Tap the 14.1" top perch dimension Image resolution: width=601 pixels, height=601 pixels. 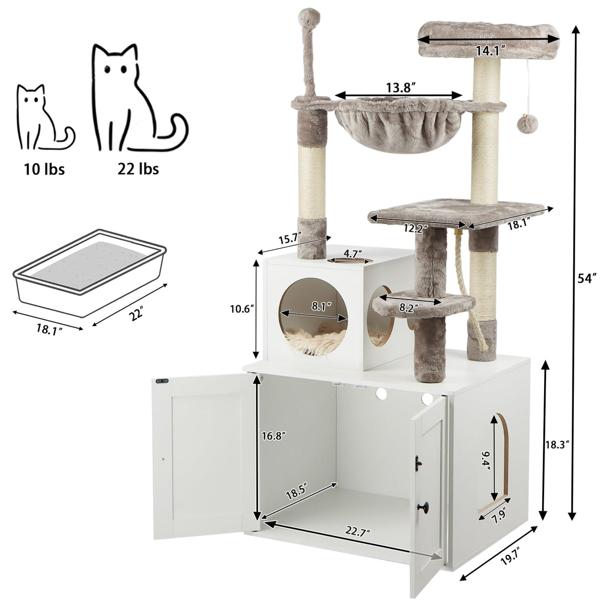[490, 50]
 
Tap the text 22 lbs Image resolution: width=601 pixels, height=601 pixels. [138, 169]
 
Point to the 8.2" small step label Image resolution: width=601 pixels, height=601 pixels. [409, 307]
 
